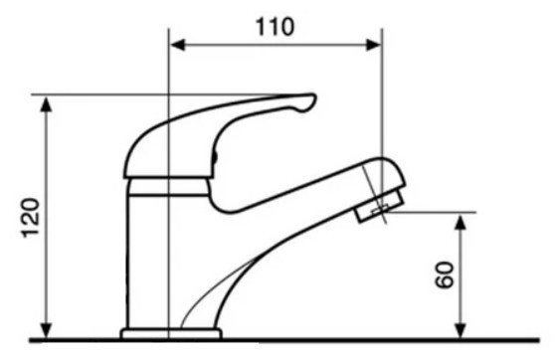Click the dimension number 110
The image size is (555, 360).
click(x=275, y=27)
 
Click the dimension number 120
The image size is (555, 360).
click(x=31, y=218)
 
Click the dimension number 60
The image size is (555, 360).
click(x=444, y=274)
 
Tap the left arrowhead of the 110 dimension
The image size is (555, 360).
click(x=178, y=45)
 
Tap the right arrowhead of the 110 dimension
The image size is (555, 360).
click(x=373, y=45)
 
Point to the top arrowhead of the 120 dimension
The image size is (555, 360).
click(x=47, y=104)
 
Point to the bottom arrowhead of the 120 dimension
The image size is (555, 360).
click(x=47, y=331)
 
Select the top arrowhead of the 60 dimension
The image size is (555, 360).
click(x=460, y=222)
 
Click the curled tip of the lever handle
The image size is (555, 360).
click(x=307, y=102)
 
